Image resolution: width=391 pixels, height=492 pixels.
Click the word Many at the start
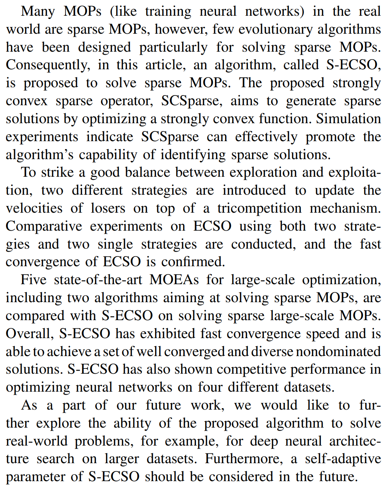coord(38,11)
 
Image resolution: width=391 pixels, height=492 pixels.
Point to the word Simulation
coord(348,119)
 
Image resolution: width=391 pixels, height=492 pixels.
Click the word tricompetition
coord(259,208)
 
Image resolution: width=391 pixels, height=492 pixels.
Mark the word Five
coord(34,280)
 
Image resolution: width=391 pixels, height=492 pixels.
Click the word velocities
coord(34,208)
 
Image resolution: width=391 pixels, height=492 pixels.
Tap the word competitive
coord(249,370)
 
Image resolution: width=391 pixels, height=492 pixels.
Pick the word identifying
coord(193,155)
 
